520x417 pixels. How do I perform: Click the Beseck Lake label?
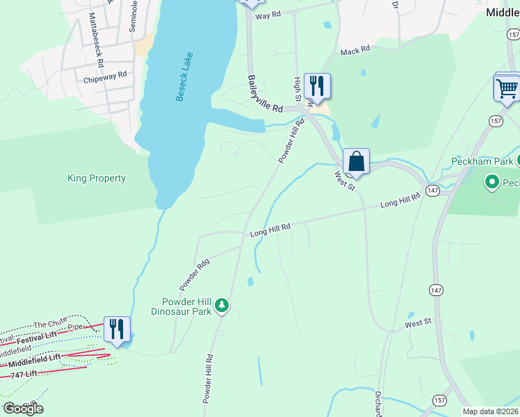(184, 77)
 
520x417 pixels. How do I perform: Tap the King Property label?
(97, 179)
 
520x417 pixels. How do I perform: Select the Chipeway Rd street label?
(105, 74)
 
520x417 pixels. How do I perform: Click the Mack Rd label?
(355, 51)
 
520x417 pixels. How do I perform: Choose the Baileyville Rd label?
(266, 95)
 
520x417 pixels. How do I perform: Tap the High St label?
(298, 88)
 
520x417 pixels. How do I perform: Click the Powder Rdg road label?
(194, 275)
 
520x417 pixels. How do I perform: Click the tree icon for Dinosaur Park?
(222, 305)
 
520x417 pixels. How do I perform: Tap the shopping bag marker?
(356, 161)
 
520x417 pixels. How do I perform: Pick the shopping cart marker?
(507, 88)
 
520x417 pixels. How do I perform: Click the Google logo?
(23, 409)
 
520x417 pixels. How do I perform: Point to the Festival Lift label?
(36, 337)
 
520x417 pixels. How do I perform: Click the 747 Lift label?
(25, 375)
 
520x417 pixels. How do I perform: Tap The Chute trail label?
(49, 324)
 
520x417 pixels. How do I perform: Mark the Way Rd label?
(268, 15)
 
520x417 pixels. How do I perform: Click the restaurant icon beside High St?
(317, 86)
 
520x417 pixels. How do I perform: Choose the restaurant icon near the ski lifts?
(117, 329)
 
